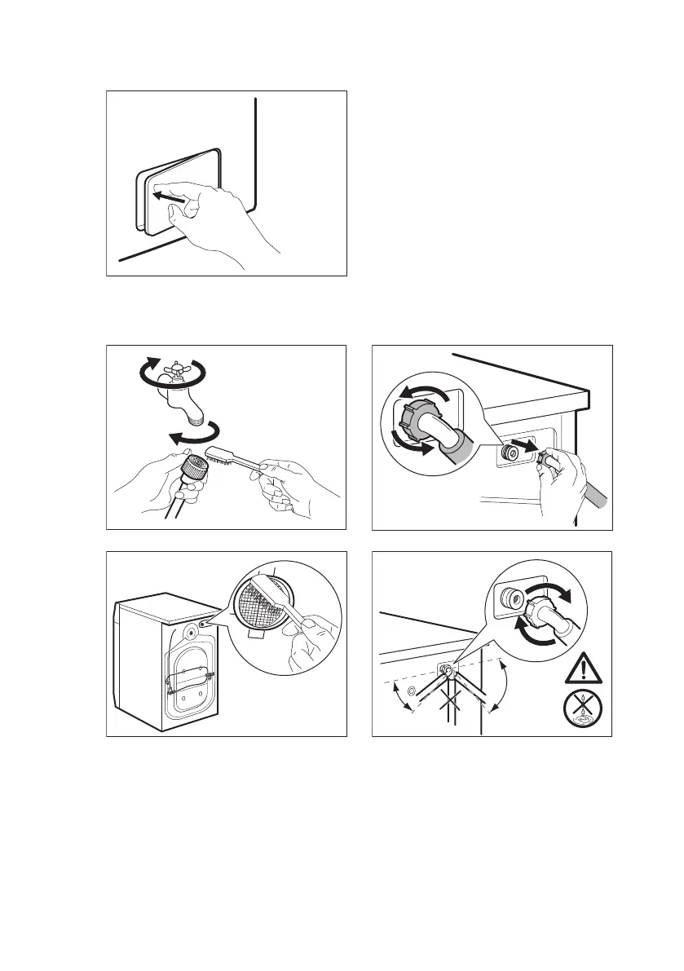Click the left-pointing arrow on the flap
(x=174, y=196)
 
